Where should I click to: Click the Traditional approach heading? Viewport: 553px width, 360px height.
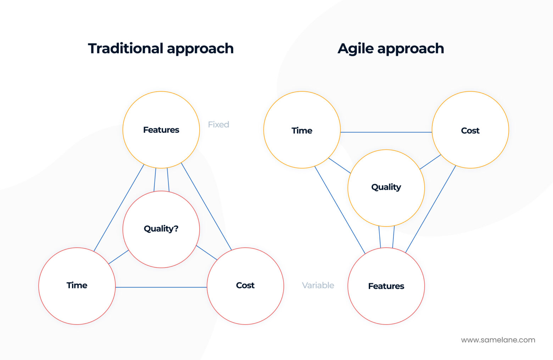161,49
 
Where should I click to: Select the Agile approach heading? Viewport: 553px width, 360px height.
390,49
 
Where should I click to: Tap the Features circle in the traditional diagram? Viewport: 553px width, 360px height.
161,130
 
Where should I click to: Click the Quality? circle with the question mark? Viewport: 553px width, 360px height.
161,229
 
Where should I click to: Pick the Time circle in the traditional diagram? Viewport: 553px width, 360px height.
77,286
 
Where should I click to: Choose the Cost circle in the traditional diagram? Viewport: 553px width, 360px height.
245,286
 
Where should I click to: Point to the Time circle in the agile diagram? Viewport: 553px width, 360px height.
302,130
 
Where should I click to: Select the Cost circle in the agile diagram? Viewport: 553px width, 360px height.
470,130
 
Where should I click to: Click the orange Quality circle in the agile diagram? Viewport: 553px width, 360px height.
386,188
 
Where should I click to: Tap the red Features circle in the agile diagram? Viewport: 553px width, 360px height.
386,286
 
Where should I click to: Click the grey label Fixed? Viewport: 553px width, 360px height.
218,124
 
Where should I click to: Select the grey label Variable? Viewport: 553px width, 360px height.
318,285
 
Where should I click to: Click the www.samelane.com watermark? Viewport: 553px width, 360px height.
498,340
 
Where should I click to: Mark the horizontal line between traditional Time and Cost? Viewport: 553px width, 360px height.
161,287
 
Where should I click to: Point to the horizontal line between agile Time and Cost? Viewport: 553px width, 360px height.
386,132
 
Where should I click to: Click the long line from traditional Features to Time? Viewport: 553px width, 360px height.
119,208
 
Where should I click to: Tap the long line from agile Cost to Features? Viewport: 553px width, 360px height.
430,209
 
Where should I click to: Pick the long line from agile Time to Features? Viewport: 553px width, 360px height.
340,210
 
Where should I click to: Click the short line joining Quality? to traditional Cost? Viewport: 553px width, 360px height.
206,253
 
